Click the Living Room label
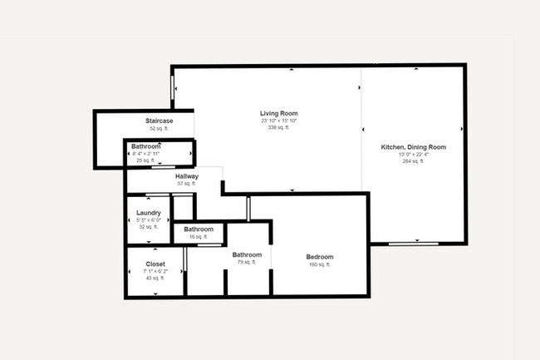point(278,113)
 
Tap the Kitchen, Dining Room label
point(413,147)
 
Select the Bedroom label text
point(320,257)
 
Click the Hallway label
point(186,177)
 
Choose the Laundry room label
point(149,213)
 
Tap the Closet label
point(155,264)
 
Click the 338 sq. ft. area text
point(278,128)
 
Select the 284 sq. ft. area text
point(413,161)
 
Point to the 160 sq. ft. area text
point(320,265)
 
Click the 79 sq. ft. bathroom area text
point(248,262)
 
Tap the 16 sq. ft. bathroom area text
point(199,237)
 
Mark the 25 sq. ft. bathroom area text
point(145,160)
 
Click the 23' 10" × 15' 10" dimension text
point(278,121)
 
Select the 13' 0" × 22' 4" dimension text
point(413,155)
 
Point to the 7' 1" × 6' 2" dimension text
point(155,271)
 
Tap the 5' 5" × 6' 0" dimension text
point(149,219)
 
